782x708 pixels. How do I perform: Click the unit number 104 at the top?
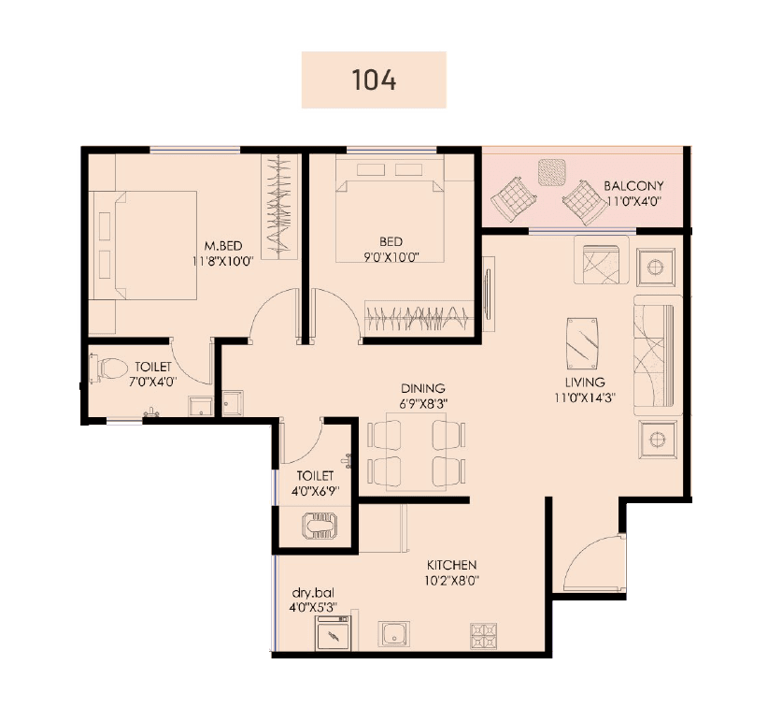(374, 79)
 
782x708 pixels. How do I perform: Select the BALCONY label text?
(633, 186)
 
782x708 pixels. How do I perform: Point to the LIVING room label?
(585, 382)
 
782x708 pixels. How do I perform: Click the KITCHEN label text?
(452, 565)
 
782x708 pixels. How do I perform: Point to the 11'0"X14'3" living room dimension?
(585, 396)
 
